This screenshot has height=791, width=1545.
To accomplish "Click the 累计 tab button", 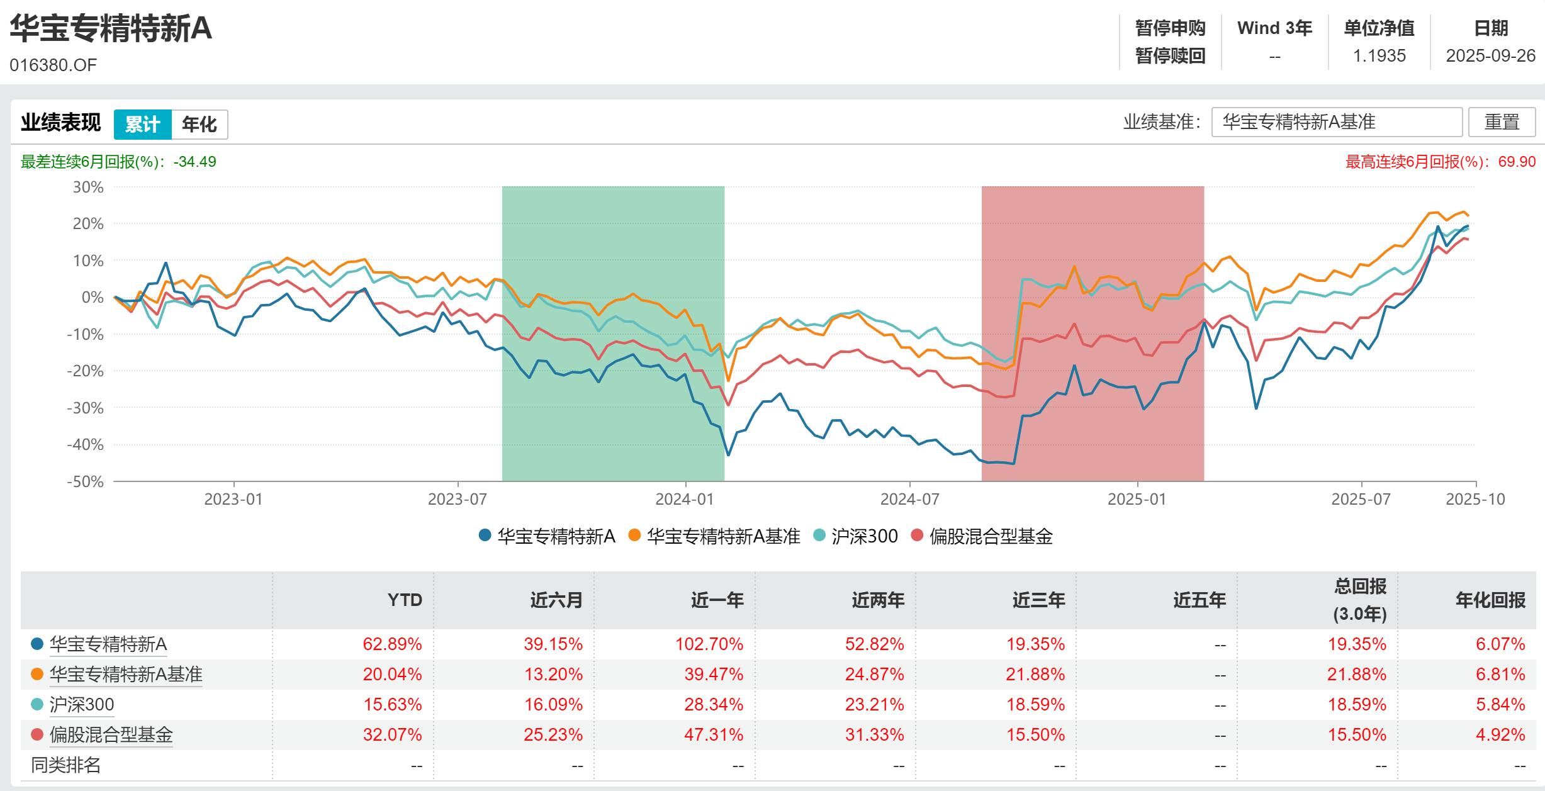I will point(142,124).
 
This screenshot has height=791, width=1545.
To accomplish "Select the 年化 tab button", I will point(199,124).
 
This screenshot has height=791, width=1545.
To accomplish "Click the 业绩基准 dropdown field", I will point(1336,121).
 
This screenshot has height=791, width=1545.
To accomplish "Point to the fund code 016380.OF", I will point(53,65).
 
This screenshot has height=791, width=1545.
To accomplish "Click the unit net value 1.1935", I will point(1379,56).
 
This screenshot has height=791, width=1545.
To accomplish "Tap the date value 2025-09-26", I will point(1490,56).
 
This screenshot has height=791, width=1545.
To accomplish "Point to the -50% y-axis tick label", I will point(86,481).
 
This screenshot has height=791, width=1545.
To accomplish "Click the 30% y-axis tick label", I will point(88,187).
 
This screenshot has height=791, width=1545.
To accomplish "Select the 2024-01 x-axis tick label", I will point(685,499).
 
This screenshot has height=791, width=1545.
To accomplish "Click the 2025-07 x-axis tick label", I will point(1361,499).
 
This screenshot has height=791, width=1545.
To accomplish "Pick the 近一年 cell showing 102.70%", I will point(709,644).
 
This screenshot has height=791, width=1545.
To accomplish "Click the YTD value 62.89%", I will point(392,644).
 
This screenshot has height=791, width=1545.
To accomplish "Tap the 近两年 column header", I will point(878,600).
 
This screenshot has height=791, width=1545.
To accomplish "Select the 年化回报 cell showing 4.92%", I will point(1500,734).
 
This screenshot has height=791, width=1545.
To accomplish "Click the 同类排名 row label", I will point(66,765).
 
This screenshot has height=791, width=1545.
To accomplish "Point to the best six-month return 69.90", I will point(1517,162).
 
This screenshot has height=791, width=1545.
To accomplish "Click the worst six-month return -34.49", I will point(194,162).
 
